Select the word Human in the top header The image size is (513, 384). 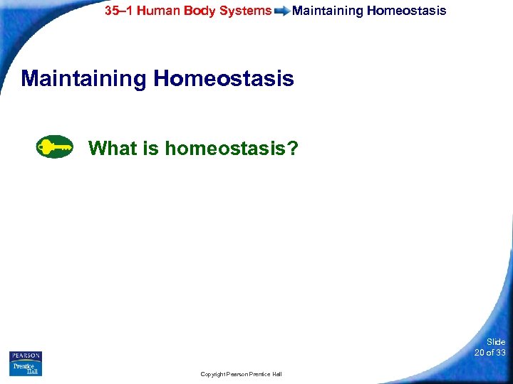(x=158, y=11)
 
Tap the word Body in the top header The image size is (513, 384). (x=203, y=11)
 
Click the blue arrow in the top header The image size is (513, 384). (x=282, y=11)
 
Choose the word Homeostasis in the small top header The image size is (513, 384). (x=407, y=11)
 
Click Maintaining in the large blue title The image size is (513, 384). (x=83, y=78)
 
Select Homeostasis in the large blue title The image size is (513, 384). (x=223, y=78)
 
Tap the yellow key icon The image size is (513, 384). (x=55, y=147)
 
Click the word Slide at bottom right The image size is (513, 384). (x=496, y=342)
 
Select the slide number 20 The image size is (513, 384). (x=480, y=353)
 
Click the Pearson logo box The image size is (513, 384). (x=26, y=356)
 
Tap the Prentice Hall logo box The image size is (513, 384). (x=26, y=368)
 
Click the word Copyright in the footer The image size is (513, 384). (x=214, y=374)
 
